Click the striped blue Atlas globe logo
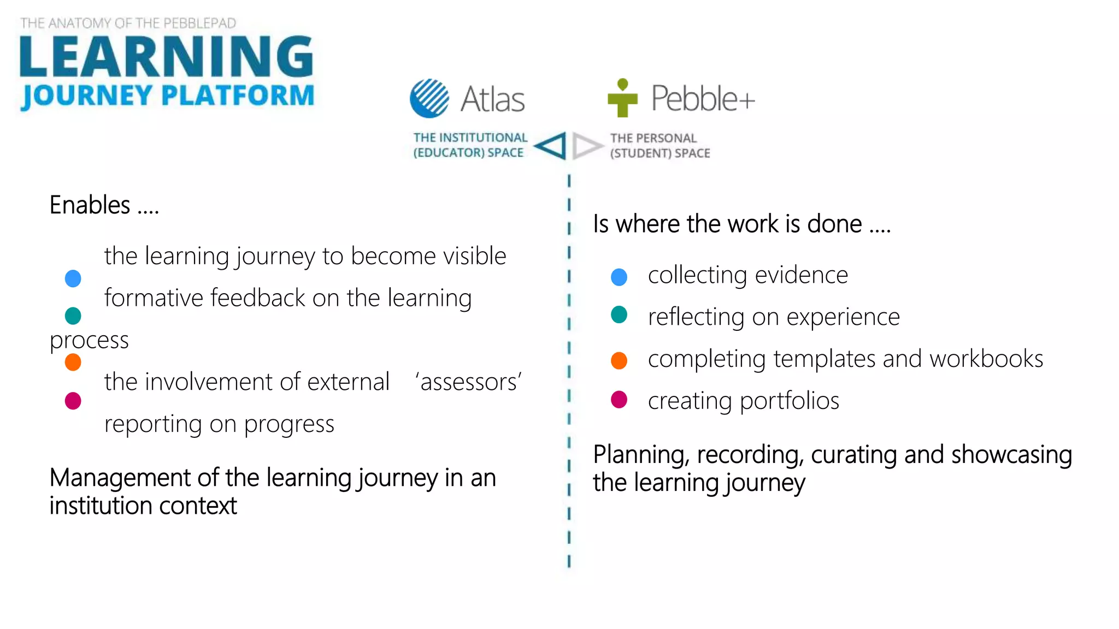click(x=429, y=98)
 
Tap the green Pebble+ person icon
click(x=622, y=99)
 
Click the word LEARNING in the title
click(x=166, y=57)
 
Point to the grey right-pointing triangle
click(x=586, y=146)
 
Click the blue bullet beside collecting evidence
click(x=619, y=277)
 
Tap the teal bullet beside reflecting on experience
click(x=619, y=315)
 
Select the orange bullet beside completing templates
click(x=619, y=360)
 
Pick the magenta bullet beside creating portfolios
click(x=619, y=400)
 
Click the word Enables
click(x=90, y=205)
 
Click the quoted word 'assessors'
click(x=469, y=382)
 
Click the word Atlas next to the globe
click(x=492, y=99)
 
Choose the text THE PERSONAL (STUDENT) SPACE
click(x=659, y=146)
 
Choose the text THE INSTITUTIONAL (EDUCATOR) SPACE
click(x=470, y=145)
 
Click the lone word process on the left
click(x=89, y=340)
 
